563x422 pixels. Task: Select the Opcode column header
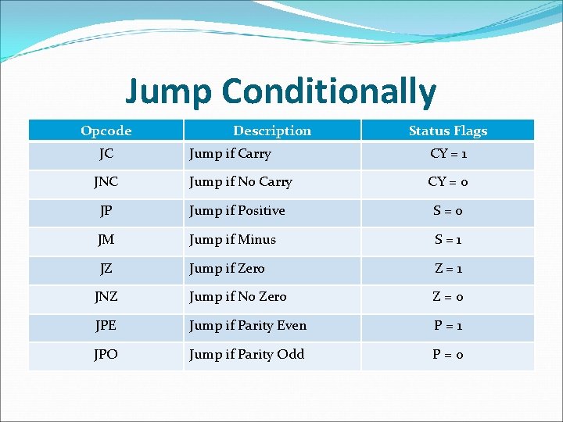106,131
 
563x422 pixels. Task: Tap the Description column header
272,131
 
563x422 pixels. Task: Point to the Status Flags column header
448,131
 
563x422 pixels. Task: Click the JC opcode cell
106,154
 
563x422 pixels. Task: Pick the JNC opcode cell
106,182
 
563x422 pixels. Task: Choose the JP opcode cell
106,211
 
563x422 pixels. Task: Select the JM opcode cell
106,240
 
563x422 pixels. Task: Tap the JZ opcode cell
106,268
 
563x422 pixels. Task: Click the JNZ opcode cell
106,297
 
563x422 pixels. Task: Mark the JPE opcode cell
106,326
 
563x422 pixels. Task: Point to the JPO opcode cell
106,355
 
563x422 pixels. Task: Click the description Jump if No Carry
241,182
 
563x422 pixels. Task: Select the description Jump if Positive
237,211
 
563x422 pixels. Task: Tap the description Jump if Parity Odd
246,355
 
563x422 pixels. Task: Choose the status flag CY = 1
448,154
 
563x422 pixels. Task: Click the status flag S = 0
448,211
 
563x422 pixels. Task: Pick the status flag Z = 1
448,268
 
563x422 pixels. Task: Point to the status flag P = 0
448,355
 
